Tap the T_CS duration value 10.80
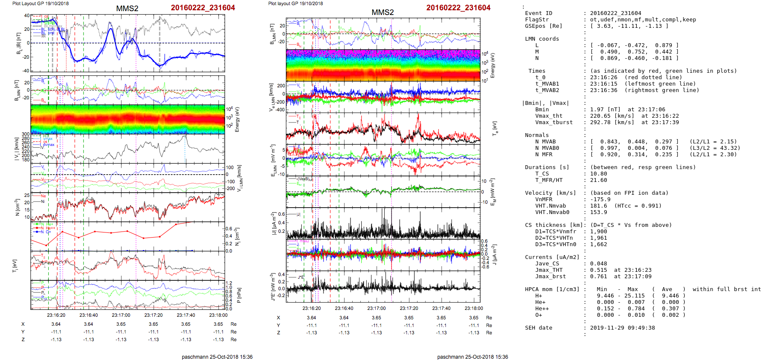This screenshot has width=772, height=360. [x=598, y=174]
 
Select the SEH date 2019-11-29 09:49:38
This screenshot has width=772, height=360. [x=622, y=328]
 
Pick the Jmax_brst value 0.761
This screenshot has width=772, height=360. [x=598, y=277]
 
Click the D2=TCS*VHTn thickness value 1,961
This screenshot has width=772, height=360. [x=598, y=238]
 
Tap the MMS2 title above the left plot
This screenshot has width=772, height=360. [x=127, y=9]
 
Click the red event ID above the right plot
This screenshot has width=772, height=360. [x=458, y=8]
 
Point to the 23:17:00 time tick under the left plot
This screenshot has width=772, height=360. [x=121, y=315]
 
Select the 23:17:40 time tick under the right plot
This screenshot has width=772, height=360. [x=441, y=308]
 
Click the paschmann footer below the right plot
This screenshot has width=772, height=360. [x=472, y=357]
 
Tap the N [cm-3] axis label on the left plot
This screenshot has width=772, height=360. [x=18, y=207]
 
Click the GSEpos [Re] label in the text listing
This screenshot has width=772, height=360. [x=543, y=26]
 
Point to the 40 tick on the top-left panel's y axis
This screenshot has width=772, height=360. [x=27, y=16]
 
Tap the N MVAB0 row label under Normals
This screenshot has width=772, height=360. [x=547, y=148]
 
